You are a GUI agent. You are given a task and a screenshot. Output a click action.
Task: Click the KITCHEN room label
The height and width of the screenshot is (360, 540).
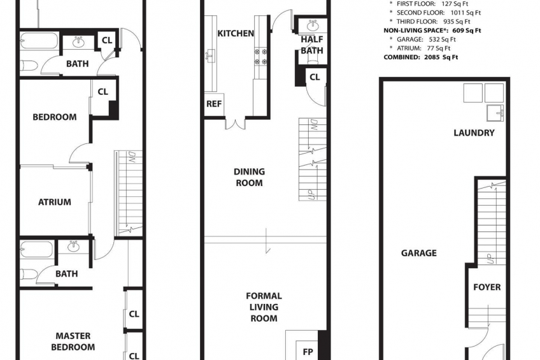pos(236,33)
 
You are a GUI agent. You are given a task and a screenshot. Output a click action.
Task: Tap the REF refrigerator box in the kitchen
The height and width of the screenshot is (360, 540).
pos(214,104)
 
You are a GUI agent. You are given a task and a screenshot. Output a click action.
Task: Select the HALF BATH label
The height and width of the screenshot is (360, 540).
pos(312,45)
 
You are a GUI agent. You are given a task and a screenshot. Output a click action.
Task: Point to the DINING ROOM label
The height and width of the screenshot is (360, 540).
pos(250,177)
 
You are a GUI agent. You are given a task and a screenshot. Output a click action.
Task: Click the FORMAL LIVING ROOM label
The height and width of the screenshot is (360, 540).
pos(264,307)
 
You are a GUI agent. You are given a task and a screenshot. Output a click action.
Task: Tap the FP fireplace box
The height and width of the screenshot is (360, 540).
pos(308,351)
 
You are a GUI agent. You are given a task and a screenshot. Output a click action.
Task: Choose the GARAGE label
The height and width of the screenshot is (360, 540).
pos(419,253)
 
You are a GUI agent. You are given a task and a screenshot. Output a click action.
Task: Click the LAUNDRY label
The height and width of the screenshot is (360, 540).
pos(474,133)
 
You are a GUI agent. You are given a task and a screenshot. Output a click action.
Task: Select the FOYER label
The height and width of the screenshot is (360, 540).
pos(487,287)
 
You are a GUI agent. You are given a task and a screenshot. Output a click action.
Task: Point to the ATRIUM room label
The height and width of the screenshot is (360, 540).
pos(55,202)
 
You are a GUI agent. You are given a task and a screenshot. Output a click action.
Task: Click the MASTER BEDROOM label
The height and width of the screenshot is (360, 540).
pos(73,342)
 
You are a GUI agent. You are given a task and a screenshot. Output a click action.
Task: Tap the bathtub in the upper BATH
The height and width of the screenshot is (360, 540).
pos(39,41)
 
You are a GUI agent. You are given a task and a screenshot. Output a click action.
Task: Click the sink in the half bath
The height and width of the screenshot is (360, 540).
pos(313,25)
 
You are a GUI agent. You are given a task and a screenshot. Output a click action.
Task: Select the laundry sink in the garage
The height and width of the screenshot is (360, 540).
pos(495,113)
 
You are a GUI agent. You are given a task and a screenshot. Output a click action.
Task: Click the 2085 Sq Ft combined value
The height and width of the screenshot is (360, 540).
pos(441,57)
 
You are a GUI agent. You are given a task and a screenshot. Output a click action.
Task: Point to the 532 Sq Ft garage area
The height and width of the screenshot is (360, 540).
pos(442,40)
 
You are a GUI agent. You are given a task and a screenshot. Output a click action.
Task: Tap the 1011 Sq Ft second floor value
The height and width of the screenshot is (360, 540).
pos(465,13)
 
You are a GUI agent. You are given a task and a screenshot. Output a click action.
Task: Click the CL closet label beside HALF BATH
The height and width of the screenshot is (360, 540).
pos(315,77)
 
